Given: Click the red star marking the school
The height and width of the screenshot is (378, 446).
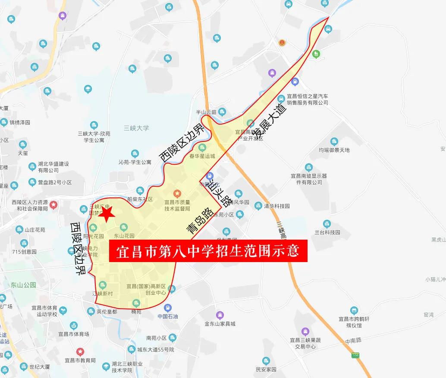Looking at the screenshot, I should click(x=106, y=213).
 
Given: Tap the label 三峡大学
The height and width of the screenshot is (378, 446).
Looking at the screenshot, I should click(x=136, y=128).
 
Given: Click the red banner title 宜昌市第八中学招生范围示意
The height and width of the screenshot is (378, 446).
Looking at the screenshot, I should click(x=208, y=250).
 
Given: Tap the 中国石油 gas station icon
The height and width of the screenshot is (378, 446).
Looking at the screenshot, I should click(x=168, y=308).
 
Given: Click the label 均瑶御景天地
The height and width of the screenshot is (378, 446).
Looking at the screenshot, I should click(x=334, y=150).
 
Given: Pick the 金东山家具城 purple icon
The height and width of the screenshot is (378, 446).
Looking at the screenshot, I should click(x=220, y=315).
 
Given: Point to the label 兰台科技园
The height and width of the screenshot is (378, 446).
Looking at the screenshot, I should click(x=327, y=232).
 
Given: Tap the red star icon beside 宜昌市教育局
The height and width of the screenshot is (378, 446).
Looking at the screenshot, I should click(x=80, y=352).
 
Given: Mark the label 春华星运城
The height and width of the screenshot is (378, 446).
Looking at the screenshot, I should click(x=202, y=156).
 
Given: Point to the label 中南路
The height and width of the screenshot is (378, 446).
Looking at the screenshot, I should click(x=353, y=341).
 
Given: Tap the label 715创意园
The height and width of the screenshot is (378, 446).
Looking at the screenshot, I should click(x=24, y=252).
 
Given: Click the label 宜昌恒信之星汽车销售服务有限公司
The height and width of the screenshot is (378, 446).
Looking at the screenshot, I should click(x=308, y=100).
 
